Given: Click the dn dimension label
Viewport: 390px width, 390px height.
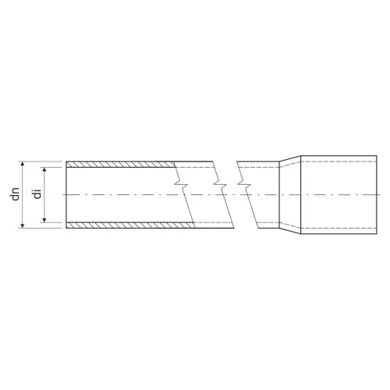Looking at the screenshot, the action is [x=16, y=194].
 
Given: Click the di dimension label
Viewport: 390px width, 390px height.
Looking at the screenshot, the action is [x=38, y=194].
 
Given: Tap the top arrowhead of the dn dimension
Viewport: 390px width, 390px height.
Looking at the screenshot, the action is [x=23, y=164].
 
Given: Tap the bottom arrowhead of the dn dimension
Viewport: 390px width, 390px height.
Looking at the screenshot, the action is [x=23, y=225].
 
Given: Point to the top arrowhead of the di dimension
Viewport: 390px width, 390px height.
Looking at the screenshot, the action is [x=44, y=169].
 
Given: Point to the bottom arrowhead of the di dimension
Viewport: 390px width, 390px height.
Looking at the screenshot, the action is [x=44, y=220].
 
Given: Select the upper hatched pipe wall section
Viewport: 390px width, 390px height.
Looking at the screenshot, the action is [x=120, y=165].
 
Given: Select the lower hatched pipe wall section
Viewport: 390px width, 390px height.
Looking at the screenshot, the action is [x=130, y=225].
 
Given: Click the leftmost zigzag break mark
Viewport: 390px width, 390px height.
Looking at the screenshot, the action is [x=181, y=183].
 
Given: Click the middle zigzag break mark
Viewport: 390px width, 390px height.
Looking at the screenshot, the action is [x=220, y=183].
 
